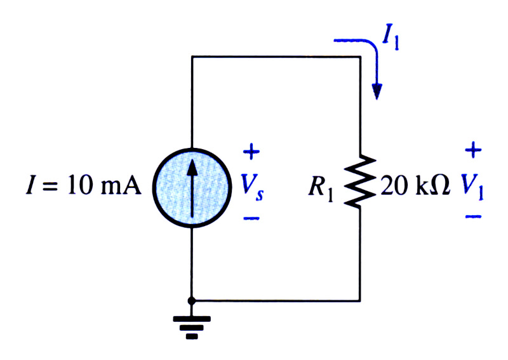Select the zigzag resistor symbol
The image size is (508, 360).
pyautogui.click(x=359, y=181)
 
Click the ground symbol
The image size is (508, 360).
pyautogui.click(x=192, y=327)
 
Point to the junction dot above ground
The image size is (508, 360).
pyautogui.click(x=192, y=301)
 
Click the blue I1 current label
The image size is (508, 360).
pyautogui.click(x=391, y=37)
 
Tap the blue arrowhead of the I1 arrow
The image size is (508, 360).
pyautogui.click(x=377, y=91)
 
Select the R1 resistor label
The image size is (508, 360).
pyautogui.click(x=321, y=189)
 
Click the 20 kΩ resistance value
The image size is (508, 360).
pyautogui.click(x=415, y=185)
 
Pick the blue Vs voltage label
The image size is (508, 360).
pyautogui.click(x=252, y=187)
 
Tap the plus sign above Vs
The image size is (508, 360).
pyautogui.click(x=251, y=151)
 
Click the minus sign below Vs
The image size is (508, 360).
pyautogui.click(x=251, y=218)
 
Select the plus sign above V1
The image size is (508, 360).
pyautogui.click(x=473, y=150)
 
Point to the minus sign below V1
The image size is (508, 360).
pyautogui.click(x=473, y=217)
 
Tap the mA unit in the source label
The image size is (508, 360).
pyautogui.click(x=121, y=186)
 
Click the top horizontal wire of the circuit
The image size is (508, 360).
pyautogui.click(x=276, y=57)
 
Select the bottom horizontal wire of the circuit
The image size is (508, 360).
pyautogui.click(x=276, y=301)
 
